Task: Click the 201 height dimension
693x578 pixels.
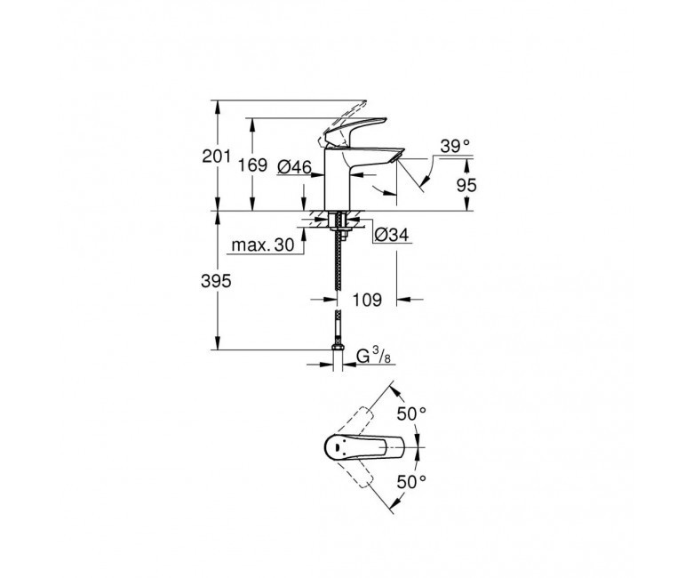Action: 216,156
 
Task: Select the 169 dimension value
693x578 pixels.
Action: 252,165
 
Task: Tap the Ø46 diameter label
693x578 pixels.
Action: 294,167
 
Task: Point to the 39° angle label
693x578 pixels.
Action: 455,146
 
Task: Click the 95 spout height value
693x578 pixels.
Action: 466,185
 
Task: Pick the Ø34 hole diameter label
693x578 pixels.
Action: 392,235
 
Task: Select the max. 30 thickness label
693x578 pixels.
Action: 262,245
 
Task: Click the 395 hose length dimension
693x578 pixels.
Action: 216,281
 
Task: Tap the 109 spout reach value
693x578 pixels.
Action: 367,300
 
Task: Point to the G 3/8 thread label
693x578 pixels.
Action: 373,356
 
